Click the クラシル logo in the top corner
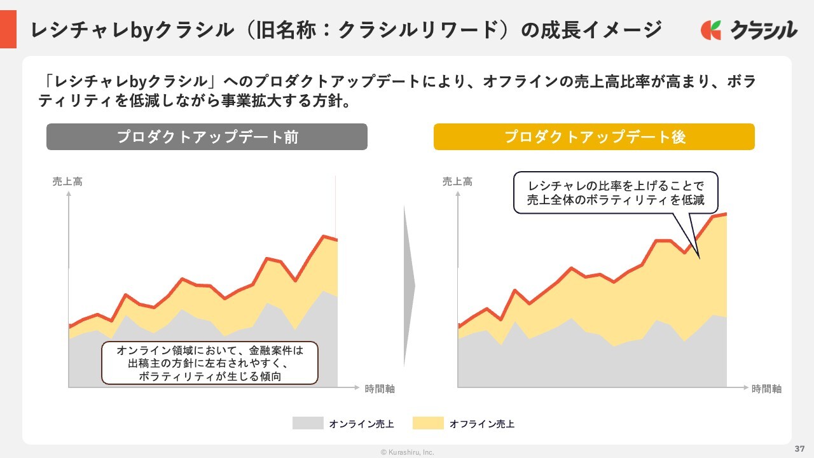[748, 29]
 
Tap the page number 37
[800, 448]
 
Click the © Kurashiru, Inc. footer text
[407, 452]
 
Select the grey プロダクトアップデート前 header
[207, 137]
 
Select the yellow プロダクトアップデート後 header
[594, 137]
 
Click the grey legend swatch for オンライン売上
[308, 423]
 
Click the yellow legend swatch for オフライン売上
[428, 423]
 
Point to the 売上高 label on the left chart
[67, 182]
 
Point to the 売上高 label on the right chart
[457, 182]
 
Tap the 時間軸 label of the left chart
[380, 389]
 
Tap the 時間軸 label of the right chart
[766, 389]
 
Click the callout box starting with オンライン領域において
[209, 363]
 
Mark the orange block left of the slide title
[8, 29]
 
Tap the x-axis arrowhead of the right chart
[745, 387]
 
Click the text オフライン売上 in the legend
[482, 424]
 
